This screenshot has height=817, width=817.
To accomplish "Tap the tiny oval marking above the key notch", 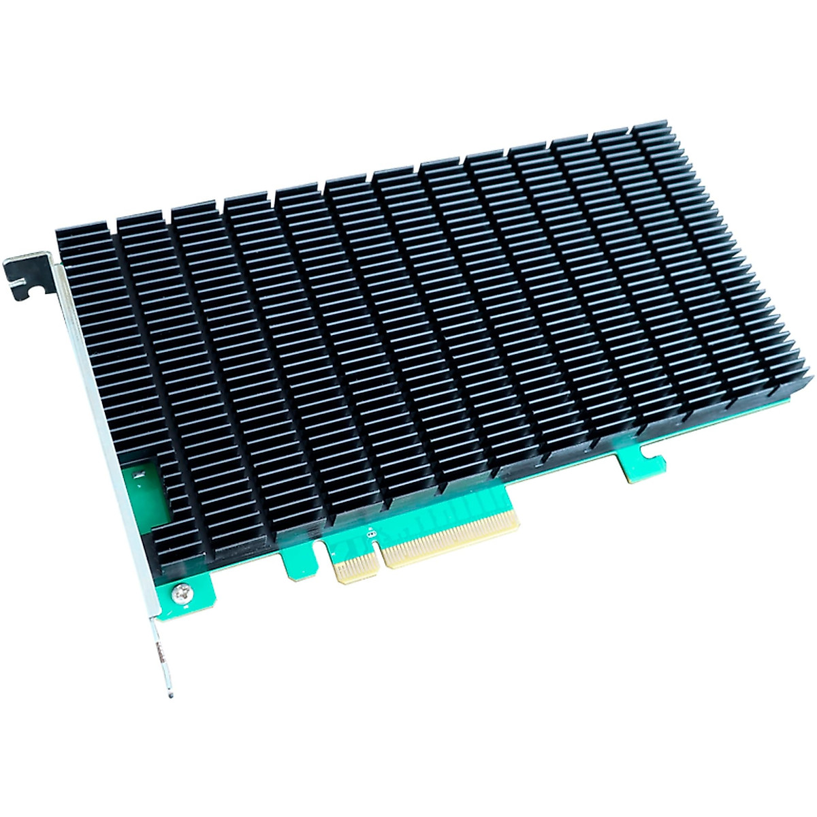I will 370,532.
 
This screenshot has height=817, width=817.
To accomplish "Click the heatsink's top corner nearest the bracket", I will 61,231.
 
